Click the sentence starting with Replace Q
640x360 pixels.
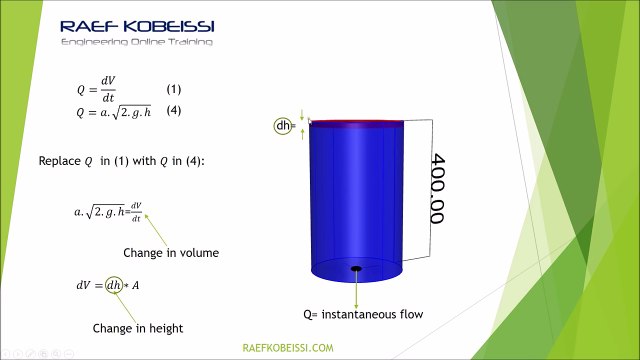point(120,160)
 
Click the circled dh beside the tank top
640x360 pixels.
point(284,126)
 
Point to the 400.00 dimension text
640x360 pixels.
point(436,188)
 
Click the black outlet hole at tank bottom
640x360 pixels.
point(355,268)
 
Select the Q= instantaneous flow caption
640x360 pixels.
point(363,314)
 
